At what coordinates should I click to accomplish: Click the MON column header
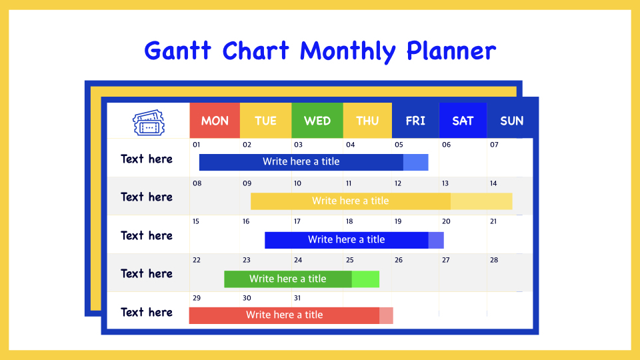coord(215,121)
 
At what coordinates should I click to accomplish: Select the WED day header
coord(317,121)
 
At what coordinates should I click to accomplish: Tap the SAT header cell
coord(463,121)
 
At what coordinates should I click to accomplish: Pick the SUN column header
coord(512,121)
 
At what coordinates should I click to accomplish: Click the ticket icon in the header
coord(149,122)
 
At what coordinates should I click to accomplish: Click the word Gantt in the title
coord(177,51)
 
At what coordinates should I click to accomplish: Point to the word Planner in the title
coord(451,51)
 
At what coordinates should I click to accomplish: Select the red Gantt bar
coord(291,315)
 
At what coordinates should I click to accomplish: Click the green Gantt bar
coord(301,279)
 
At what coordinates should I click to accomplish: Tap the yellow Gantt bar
coord(381,201)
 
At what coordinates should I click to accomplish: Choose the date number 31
coord(297,298)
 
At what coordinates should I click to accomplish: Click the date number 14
coord(493,183)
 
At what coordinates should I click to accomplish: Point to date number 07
coord(494,145)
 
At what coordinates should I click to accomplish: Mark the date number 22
coord(197,260)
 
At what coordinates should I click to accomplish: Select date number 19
coord(398,221)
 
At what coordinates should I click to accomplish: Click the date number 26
coord(399,260)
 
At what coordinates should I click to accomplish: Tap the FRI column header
coord(415,121)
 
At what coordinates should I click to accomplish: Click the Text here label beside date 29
coord(147,312)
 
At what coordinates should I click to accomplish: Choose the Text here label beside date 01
coord(147,159)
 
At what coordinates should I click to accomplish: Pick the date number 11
coord(349,183)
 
